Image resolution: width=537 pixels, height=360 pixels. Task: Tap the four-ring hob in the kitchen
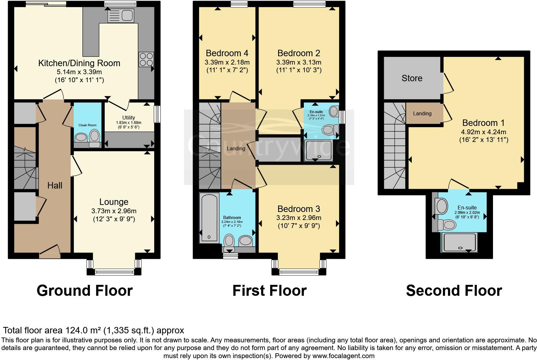click(146, 59)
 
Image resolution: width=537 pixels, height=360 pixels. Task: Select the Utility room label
click(128, 118)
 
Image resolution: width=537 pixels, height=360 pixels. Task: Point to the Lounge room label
click(114, 202)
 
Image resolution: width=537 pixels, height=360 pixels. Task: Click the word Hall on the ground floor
click(55, 185)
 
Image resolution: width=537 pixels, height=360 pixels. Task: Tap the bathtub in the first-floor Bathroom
click(209, 217)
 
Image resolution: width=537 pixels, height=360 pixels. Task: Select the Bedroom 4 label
click(227, 53)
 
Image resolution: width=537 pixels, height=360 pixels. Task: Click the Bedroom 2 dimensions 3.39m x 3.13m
click(299, 62)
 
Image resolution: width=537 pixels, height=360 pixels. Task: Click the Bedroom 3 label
click(299, 209)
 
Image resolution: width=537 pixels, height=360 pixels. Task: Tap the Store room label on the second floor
click(412, 78)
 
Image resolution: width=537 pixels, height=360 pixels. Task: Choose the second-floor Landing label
click(422, 113)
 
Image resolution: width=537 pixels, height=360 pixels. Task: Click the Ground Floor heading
click(84, 290)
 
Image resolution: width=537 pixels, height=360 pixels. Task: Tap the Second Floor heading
click(454, 290)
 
